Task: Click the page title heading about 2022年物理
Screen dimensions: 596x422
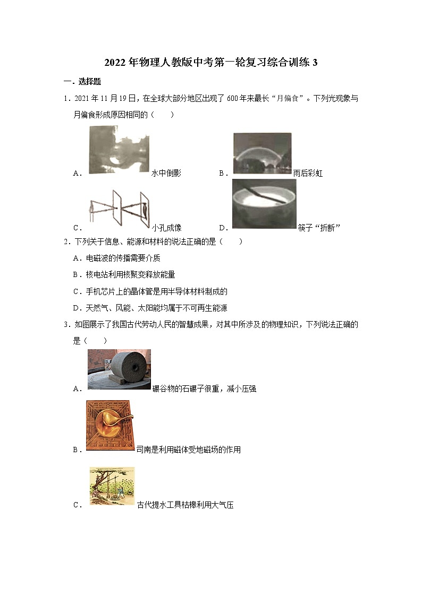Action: (211, 63)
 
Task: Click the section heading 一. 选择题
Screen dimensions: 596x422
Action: (82, 82)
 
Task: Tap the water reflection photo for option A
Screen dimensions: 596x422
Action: (118, 153)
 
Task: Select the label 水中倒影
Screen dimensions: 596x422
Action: (166, 173)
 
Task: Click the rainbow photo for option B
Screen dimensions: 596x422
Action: (263, 153)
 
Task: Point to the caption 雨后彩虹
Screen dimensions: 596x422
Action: (308, 173)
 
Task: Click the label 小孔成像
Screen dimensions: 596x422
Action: (166, 228)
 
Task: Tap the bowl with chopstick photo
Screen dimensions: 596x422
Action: (264, 204)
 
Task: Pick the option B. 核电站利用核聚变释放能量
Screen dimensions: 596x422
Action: (124, 274)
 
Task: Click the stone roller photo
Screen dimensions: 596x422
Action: (119, 369)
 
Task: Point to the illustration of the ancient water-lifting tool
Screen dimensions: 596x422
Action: (112, 486)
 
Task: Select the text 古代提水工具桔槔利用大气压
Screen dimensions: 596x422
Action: (185, 505)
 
